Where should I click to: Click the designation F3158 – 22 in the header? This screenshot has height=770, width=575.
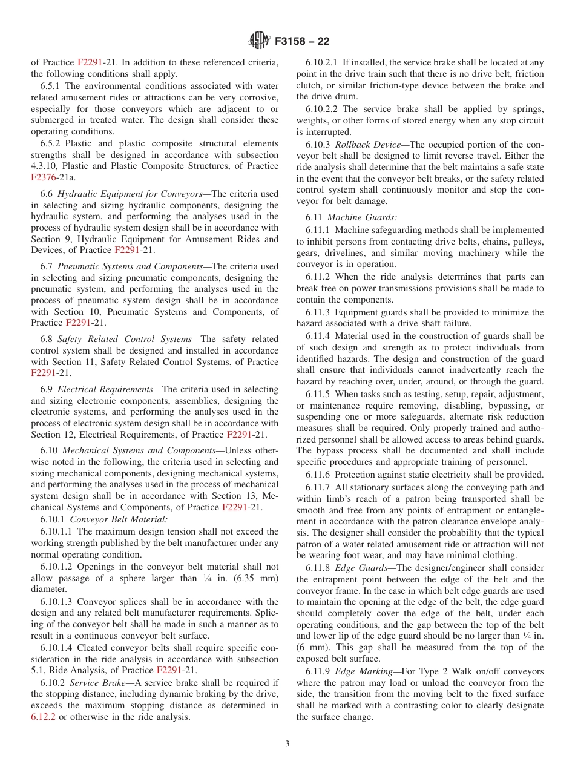click(302, 42)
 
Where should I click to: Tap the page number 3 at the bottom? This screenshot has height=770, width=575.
click(287, 744)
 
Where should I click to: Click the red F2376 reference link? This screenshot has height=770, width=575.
click(44, 177)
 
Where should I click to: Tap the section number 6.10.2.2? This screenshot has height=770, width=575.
click(323, 109)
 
